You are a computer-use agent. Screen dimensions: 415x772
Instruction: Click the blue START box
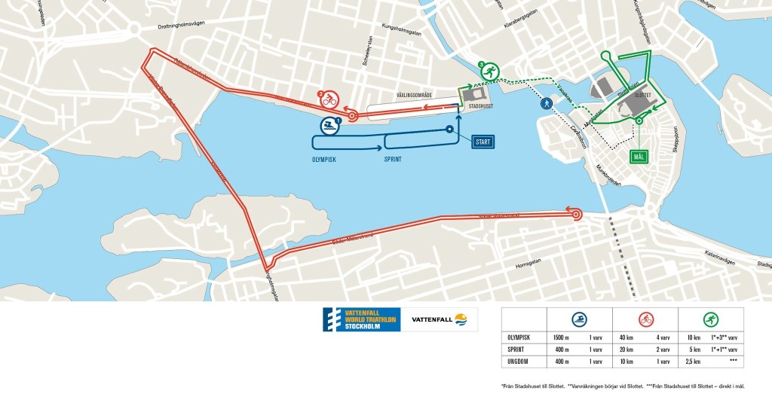click(483, 141)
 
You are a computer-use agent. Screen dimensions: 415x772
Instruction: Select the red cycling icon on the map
click(329, 99)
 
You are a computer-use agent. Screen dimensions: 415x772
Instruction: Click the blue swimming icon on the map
click(329, 126)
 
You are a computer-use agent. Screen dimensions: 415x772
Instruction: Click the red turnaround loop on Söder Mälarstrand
click(577, 215)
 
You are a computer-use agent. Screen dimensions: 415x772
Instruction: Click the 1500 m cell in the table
click(561, 337)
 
